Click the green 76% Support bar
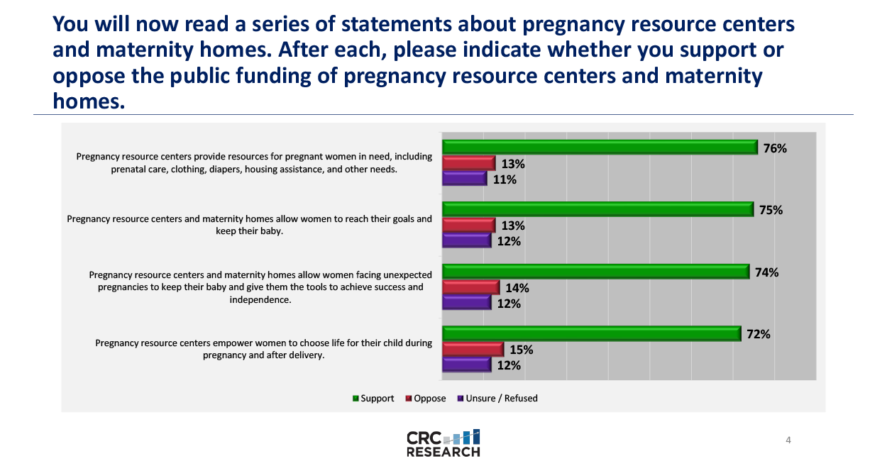(600, 148)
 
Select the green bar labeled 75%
(597, 209)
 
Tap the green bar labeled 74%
(595, 272)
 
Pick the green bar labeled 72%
(591, 333)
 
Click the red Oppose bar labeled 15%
(473, 349)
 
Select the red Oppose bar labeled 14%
(470, 287)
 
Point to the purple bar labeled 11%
(464, 179)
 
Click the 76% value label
(776, 148)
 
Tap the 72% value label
(759, 334)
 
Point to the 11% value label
(505, 179)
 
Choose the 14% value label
(517, 289)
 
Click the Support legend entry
(373, 399)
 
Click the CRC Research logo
(443, 443)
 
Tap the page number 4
(788, 440)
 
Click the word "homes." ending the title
(89, 101)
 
